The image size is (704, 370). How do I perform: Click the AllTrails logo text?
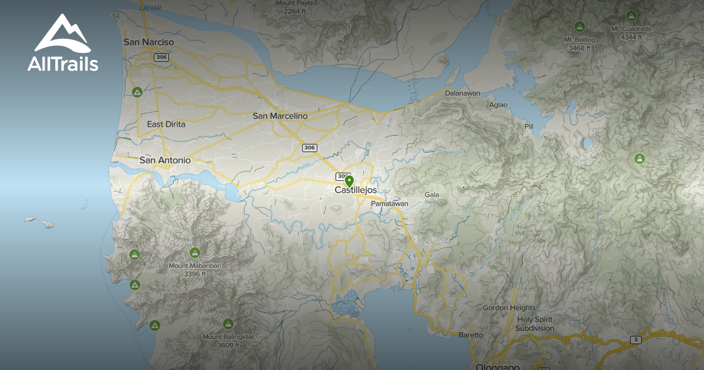(63, 64)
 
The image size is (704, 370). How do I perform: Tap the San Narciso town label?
(149, 42)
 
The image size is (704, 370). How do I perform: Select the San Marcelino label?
(280, 116)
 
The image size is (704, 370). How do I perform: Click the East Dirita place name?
(166, 125)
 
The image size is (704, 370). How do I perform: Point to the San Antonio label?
(165, 160)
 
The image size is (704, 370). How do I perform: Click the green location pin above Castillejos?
(349, 181)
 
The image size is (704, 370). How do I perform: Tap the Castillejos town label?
(356, 190)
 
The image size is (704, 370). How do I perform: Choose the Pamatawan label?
(389, 204)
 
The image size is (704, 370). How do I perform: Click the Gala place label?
(432, 195)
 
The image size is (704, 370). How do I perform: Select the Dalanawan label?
(462, 93)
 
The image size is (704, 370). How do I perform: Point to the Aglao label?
(498, 105)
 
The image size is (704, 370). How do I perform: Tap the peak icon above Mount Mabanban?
(195, 253)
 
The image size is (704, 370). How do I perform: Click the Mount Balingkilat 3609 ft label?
(228, 341)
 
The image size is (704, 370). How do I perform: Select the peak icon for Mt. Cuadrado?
(631, 16)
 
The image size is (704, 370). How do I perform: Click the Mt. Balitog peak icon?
(580, 26)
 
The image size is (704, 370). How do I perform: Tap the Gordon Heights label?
(509, 308)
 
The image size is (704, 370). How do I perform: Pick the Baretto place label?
(471, 335)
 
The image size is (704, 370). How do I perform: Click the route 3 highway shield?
(635, 339)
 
